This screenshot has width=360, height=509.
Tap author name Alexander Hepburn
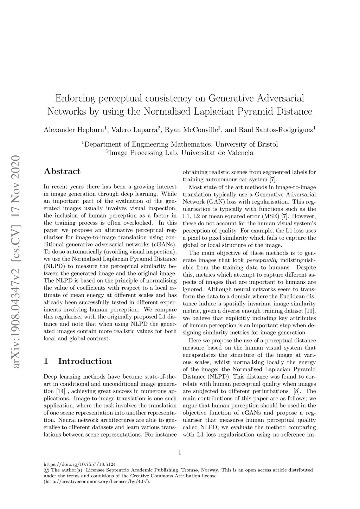coord(73,130)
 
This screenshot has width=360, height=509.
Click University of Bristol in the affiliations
coord(246,144)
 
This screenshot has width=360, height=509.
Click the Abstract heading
coord(62,172)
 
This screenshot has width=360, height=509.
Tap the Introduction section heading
coord(85,361)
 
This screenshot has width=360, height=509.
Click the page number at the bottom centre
coord(180,452)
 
